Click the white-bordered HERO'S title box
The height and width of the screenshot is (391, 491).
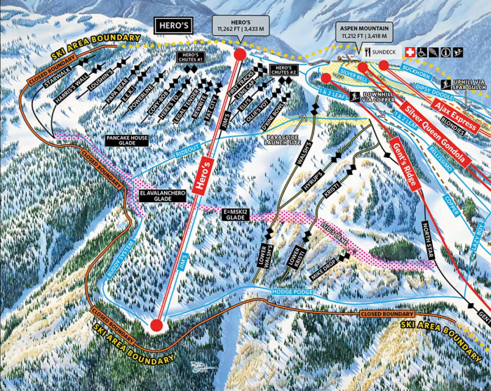[x=176, y=27]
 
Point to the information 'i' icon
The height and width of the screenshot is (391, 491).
[x=446, y=51]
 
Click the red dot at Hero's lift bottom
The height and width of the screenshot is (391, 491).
[x=156, y=324]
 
